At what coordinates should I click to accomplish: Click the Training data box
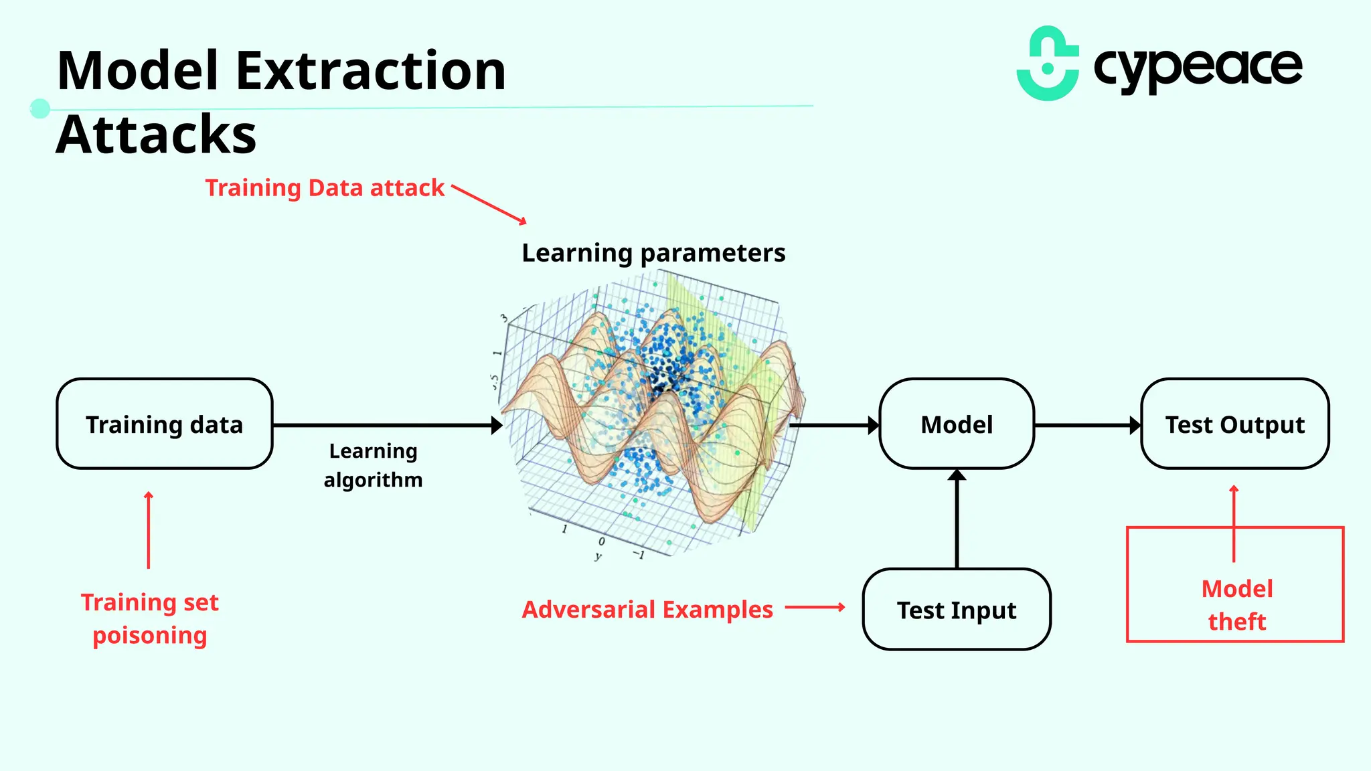(x=164, y=424)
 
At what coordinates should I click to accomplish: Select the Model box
(x=957, y=424)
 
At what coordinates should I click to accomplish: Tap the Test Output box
(x=1234, y=424)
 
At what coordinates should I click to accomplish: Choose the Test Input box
(x=957, y=610)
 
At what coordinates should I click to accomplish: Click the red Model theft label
(x=1236, y=605)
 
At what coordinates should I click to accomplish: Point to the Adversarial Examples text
(x=647, y=610)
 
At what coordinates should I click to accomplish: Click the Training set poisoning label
(x=150, y=618)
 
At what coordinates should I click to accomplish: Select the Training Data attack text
(x=325, y=188)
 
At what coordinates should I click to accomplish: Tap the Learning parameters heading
(x=653, y=253)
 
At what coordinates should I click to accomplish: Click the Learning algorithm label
(x=373, y=465)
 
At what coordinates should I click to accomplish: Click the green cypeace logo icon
(x=1048, y=64)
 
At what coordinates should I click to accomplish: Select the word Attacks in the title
(x=156, y=135)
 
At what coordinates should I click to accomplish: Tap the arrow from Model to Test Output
(x=1087, y=425)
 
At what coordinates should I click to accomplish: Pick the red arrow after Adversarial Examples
(x=815, y=608)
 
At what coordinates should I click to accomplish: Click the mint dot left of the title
(x=40, y=108)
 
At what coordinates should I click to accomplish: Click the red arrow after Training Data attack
(x=489, y=204)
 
